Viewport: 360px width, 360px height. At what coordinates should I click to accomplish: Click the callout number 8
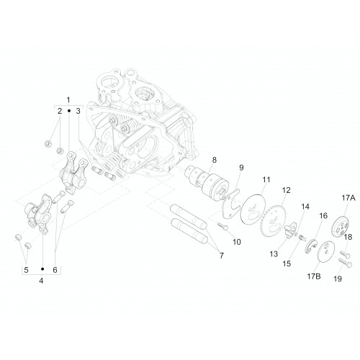tap(214, 160)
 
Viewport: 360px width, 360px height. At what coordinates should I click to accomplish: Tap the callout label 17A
tap(348, 198)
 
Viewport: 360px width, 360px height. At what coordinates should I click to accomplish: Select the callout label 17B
tap(314, 276)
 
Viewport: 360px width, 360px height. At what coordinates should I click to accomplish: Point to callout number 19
tap(338, 279)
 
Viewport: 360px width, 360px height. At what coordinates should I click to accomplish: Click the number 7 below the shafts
tap(221, 256)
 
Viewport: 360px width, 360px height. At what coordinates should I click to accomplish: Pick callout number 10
tap(237, 242)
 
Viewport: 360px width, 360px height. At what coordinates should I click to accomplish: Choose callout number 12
tap(286, 190)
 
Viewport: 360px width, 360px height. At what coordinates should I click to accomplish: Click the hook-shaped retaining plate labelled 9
tap(231, 204)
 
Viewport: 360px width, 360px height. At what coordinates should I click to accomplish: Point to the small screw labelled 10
tap(223, 226)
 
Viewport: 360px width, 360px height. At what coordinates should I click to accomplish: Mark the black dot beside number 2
tap(69, 111)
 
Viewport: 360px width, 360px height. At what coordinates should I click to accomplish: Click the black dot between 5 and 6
tap(42, 269)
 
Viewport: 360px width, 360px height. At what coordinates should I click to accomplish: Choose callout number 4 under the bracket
tap(41, 280)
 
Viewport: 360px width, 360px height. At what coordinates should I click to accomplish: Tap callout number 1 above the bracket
tap(68, 99)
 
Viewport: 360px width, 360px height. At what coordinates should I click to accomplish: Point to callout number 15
tap(287, 264)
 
